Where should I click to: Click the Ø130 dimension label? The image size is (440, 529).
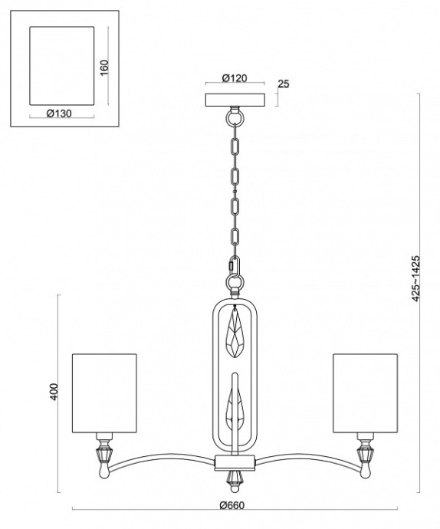(58, 114)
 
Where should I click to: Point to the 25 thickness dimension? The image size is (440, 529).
(283, 84)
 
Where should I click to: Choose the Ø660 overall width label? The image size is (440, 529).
(233, 505)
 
